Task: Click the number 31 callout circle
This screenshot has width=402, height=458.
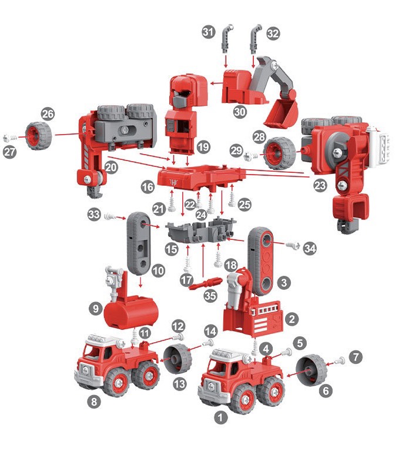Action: [209, 32]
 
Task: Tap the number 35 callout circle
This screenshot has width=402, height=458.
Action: [210, 296]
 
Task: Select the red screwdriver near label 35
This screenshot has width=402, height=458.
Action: [206, 283]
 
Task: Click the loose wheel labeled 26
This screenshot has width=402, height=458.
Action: [39, 136]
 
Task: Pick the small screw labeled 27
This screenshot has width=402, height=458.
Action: [11, 138]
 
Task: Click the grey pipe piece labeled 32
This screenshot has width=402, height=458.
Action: [256, 39]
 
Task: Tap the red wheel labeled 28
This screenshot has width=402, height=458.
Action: [279, 153]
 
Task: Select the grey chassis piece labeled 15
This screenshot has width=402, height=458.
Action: [201, 229]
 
